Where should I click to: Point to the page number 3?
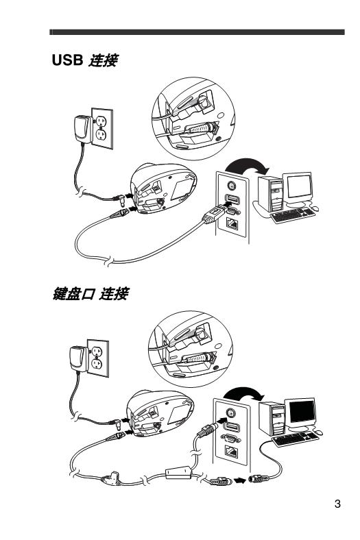click(337, 506)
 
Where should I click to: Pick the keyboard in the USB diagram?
click(293, 215)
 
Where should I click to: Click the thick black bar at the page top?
click(197, 32)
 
